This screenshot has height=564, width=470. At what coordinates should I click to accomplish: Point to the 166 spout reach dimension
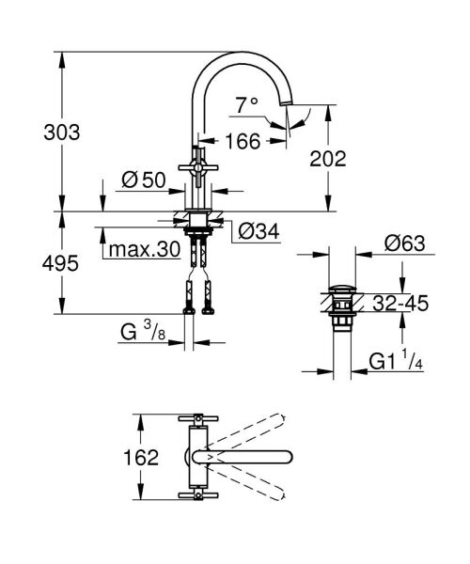click(x=243, y=142)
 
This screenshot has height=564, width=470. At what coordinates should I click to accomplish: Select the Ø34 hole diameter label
click(x=258, y=230)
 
